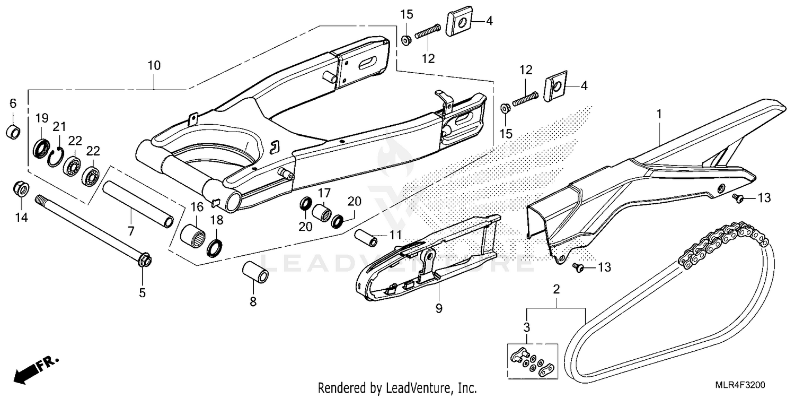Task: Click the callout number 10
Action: [154, 66]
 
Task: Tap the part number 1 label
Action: [659, 114]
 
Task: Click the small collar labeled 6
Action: [14, 131]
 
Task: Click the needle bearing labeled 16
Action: [193, 233]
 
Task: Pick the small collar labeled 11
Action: [366, 237]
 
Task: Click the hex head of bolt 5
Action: [143, 260]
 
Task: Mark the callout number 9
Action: [439, 308]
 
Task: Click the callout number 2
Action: [556, 290]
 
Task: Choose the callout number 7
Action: [131, 231]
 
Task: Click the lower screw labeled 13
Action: [579, 269]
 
